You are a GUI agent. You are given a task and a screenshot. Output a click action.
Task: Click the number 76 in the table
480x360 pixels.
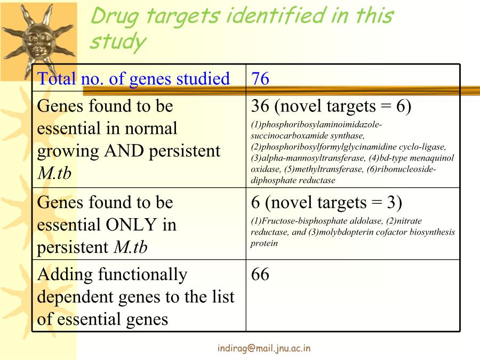point(260,78)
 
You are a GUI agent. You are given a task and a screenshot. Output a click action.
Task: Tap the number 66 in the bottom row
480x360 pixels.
point(260,274)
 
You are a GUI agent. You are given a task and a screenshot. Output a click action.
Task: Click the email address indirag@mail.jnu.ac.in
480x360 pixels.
point(264,348)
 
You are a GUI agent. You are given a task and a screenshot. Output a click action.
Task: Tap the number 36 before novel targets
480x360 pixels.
point(260,106)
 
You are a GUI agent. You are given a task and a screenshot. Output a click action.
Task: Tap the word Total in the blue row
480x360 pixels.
point(57,78)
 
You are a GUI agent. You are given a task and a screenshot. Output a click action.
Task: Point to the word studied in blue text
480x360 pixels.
point(203,78)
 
